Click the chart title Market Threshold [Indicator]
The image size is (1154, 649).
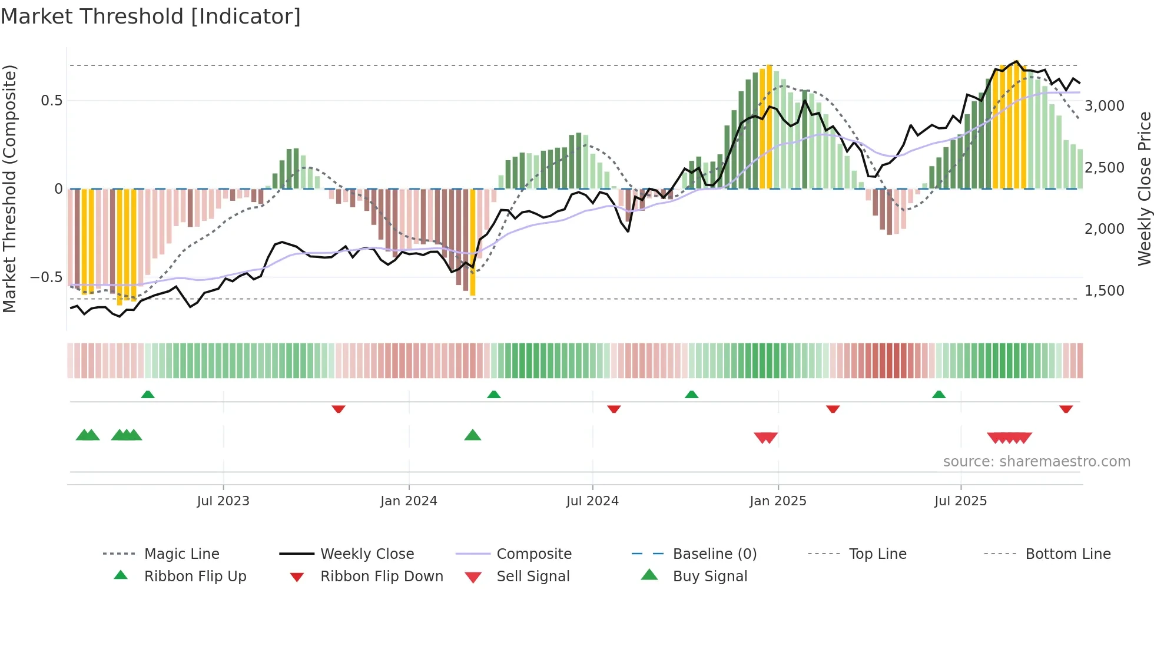pyautogui.click(x=151, y=16)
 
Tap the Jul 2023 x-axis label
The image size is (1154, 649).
pyautogui.click(x=223, y=501)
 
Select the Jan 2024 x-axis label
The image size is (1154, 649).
pyautogui.click(x=409, y=501)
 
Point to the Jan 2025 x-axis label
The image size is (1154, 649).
pyautogui.click(x=778, y=501)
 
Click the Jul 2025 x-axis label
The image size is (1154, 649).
pyautogui.click(x=960, y=501)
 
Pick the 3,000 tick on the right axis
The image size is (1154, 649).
pyautogui.click(x=1104, y=106)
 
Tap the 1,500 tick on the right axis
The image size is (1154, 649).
pyautogui.click(x=1104, y=291)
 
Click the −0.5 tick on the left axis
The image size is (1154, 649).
pyautogui.click(x=46, y=277)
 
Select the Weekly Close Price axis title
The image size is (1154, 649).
pyautogui.click(x=1143, y=188)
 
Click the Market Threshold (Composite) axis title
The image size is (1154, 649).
pyautogui.click(x=9, y=188)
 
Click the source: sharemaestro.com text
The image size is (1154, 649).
pyautogui.click(x=1036, y=462)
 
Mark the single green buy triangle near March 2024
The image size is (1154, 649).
pyautogui.click(x=473, y=436)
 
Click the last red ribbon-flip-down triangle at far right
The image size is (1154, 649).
pyautogui.click(x=1066, y=409)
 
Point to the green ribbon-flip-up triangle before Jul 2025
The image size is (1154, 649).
pyautogui.click(x=939, y=395)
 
